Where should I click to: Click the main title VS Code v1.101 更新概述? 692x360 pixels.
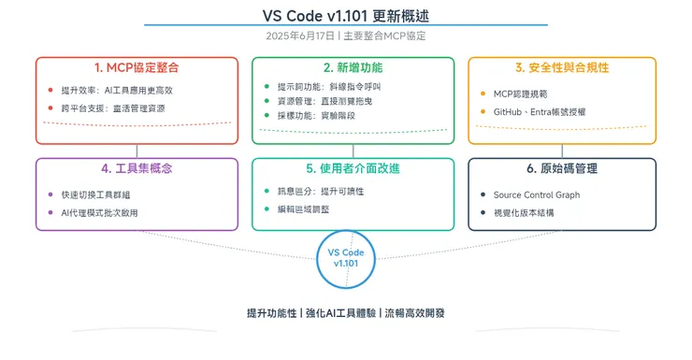346,17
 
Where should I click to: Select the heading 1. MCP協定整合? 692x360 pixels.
137,68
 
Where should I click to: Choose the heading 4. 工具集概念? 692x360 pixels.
137,169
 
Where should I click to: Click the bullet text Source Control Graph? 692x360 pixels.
537,195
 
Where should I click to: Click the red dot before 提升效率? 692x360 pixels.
50,91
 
